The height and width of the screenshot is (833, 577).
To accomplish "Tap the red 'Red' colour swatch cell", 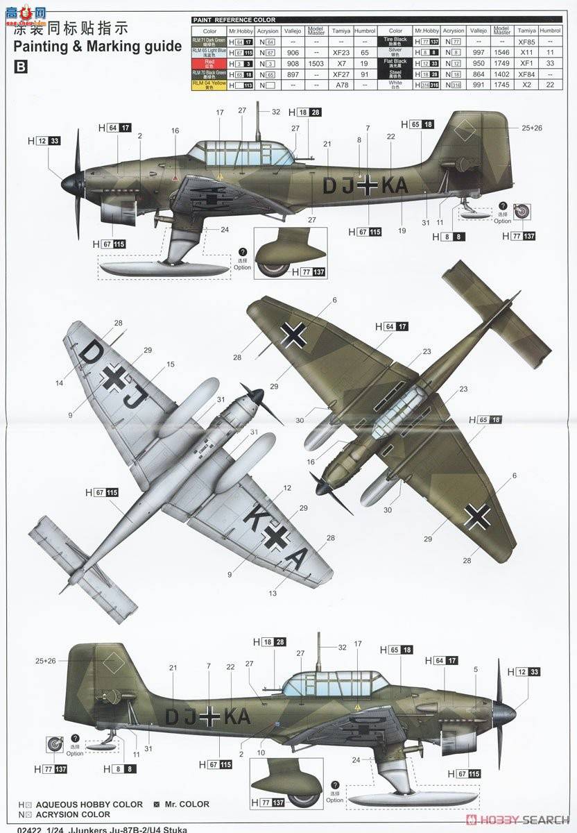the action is click(209, 62).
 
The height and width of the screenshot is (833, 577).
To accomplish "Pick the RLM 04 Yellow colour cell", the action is click(209, 85).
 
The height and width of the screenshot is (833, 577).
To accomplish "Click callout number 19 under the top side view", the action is click(402, 230).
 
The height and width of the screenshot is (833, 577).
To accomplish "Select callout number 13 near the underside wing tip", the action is click(273, 594).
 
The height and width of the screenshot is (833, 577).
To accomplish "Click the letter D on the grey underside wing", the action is click(91, 355).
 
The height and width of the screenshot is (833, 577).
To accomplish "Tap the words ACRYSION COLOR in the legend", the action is click(72, 814).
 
